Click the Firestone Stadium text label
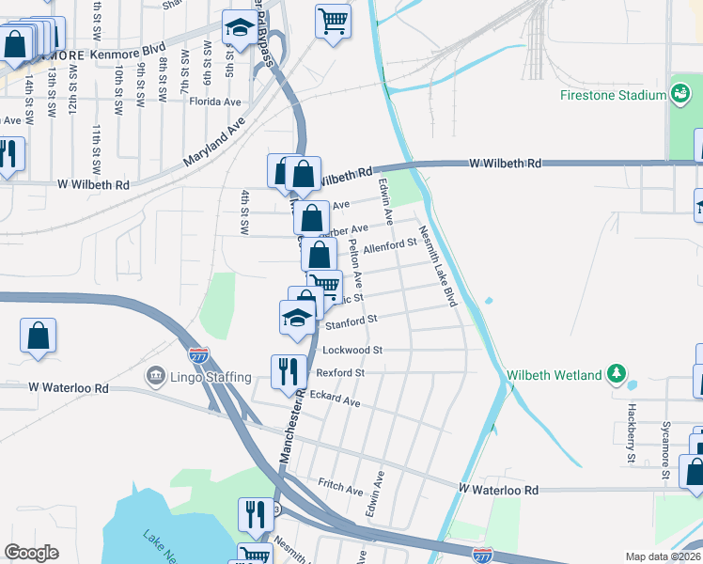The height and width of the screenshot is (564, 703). pyautogui.click(x=613, y=95)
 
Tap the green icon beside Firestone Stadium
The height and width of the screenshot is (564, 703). pyautogui.click(x=679, y=94)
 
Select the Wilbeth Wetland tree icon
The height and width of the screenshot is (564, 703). pyautogui.click(x=617, y=375)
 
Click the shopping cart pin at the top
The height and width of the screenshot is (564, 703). pyautogui.click(x=333, y=21)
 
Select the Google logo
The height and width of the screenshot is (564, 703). pyautogui.click(x=31, y=553)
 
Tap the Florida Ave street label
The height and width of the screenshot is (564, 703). pyautogui.click(x=215, y=102)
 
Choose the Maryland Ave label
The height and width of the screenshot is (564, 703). pyautogui.click(x=214, y=141)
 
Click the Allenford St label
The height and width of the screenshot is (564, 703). pyautogui.click(x=390, y=246)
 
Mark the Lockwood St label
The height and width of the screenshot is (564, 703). pyautogui.click(x=352, y=350)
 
